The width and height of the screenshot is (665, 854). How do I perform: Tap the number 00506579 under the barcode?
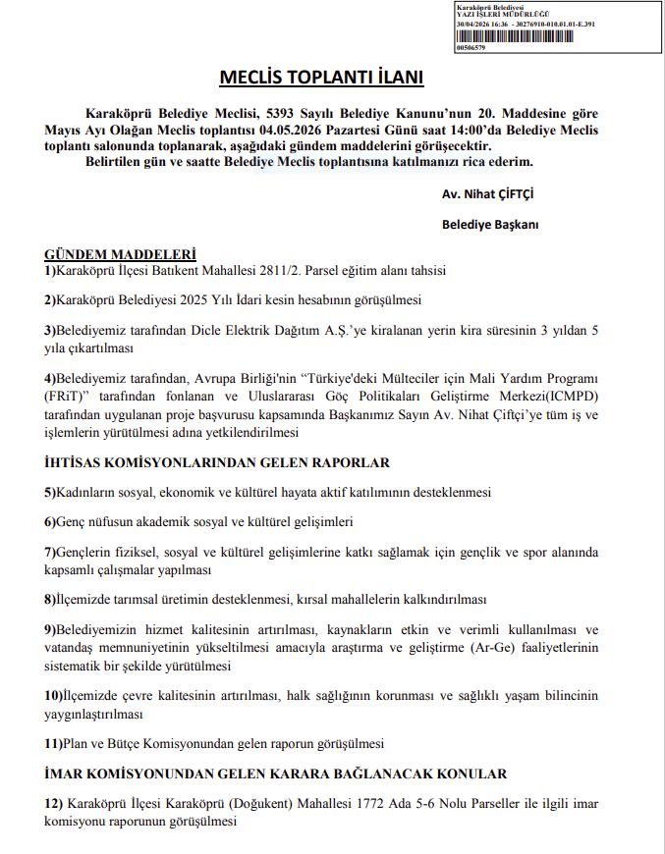pyautogui.click(x=471, y=47)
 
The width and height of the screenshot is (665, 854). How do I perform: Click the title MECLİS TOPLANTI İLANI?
pyautogui.click(x=321, y=77)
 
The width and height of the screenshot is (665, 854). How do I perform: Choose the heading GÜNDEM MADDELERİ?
pyautogui.click(x=121, y=254)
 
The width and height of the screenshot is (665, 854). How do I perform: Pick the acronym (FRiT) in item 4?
pyautogui.click(x=64, y=396)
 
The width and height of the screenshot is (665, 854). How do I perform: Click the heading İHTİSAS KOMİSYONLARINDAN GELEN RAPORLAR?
pyautogui.click(x=217, y=462)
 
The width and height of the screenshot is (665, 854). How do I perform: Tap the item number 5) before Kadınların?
pyautogui.click(x=50, y=492)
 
